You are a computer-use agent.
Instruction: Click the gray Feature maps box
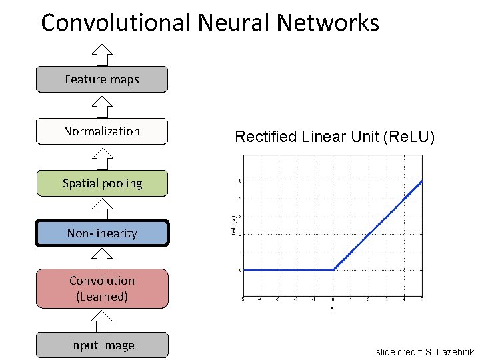[x=102, y=79]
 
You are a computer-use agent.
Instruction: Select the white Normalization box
[x=102, y=131]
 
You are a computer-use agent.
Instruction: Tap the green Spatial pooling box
[x=102, y=183]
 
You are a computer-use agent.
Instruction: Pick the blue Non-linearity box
[x=102, y=233]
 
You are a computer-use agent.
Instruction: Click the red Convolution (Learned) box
[x=102, y=288]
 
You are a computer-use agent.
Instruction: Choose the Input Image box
[x=102, y=345]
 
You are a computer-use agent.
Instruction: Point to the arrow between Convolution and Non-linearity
[x=102, y=257]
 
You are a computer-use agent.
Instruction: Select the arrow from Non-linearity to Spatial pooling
[x=102, y=209]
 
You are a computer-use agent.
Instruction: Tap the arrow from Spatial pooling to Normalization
[x=102, y=157]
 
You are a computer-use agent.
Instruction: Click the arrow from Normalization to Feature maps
[x=102, y=105]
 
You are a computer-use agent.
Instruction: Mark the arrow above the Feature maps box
[x=102, y=54]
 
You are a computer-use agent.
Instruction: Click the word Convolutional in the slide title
[x=117, y=23]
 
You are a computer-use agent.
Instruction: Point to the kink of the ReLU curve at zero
[x=333, y=270]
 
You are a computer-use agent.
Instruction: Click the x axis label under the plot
[x=332, y=308]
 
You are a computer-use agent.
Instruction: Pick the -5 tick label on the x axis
[x=243, y=300]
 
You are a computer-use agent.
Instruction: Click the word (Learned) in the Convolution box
[x=102, y=297]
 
